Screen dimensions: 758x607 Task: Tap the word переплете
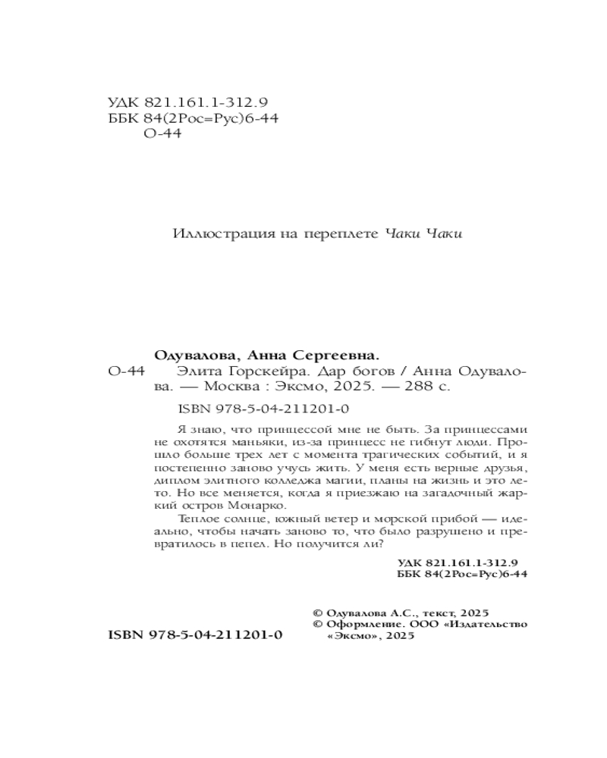[x=344, y=233]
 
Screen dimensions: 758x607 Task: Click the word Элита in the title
[x=193, y=371]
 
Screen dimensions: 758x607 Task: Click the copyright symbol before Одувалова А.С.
[x=317, y=612]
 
